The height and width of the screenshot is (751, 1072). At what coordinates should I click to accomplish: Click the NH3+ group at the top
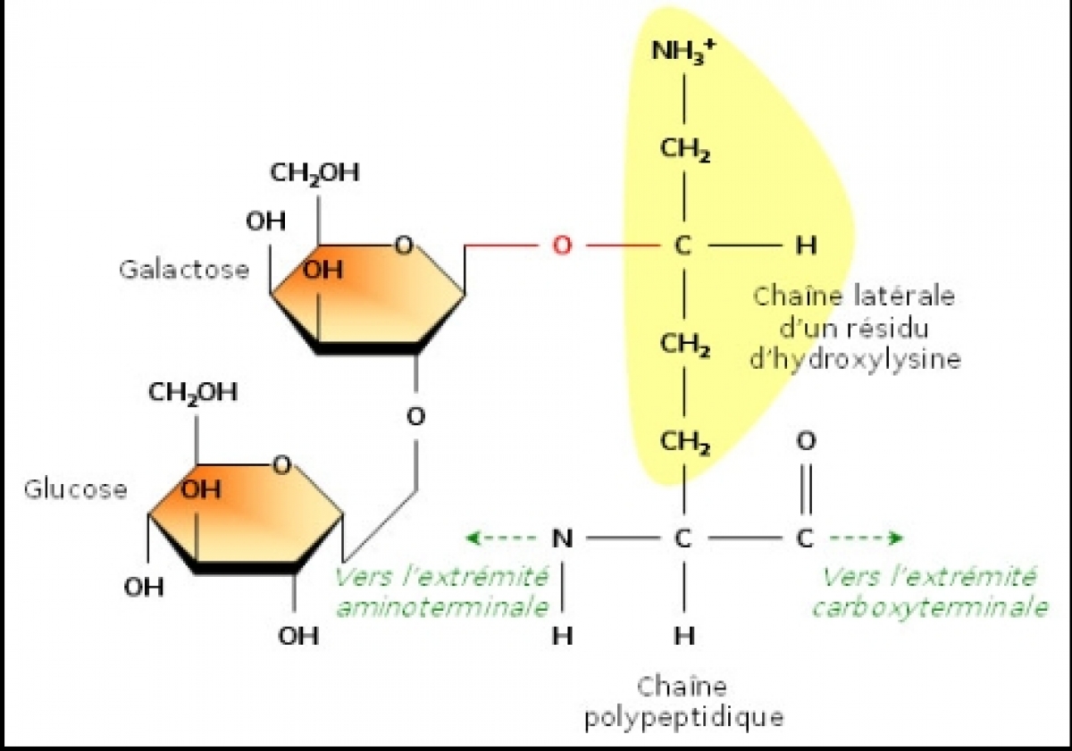pyautogui.click(x=684, y=51)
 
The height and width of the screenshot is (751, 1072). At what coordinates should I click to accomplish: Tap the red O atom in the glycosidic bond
pyautogui.click(x=562, y=246)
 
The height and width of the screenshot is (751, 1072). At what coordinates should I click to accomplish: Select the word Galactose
pyautogui.click(x=184, y=270)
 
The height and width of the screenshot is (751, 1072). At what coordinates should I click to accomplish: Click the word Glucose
pyautogui.click(x=76, y=490)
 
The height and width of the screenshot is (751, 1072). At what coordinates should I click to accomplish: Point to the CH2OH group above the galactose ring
pyautogui.click(x=314, y=173)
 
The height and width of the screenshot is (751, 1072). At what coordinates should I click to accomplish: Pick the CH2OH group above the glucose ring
pyautogui.click(x=193, y=393)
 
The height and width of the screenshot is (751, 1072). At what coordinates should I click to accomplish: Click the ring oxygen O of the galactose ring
pyautogui.click(x=404, y=246)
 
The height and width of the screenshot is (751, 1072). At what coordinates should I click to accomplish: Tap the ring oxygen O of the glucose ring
pyautogui.click(x=282, y=465)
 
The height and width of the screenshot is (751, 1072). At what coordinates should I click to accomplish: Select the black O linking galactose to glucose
pyautogui.click(x=415, y=417)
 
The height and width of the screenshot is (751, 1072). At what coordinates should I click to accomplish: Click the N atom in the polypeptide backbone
pyautogui.click(x=562, y=538)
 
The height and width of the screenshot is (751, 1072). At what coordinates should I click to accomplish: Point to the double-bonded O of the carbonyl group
pyautogui.click(x=806, y=441)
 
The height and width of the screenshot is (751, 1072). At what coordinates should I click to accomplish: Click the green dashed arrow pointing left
pyautogui.click(x=500, y=538)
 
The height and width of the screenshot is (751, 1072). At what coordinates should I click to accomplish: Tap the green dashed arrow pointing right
pyautogui.click(x=867, y=538)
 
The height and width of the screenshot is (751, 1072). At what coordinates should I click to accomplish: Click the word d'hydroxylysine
pyautogui.click(x=855, y=360)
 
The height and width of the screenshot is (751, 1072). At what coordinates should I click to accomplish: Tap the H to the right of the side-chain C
pyautogui.click(x=806, y=246)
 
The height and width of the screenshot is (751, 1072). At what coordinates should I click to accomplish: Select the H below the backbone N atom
pyautogui.click(x=562, y=636)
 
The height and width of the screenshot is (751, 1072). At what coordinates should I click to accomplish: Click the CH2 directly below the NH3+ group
pyautogui.click(x=685, y=149)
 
